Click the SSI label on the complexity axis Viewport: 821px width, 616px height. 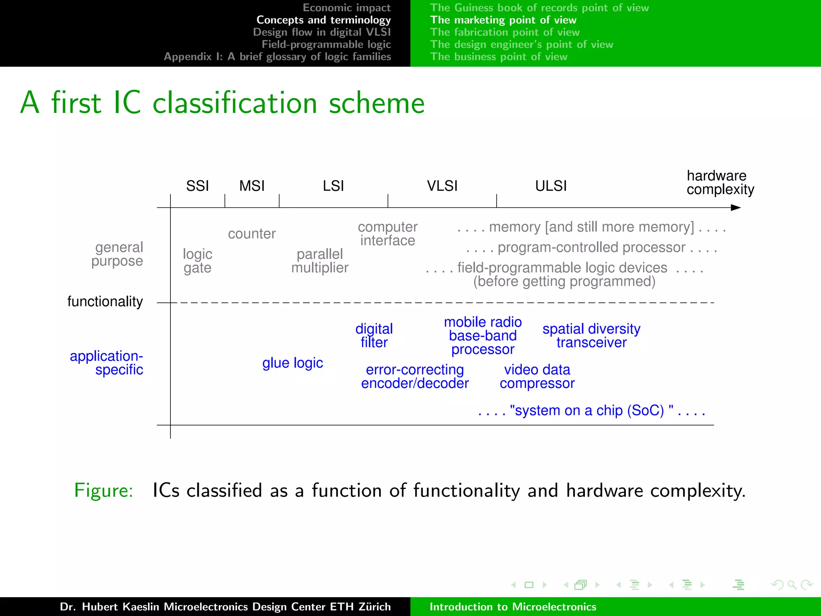pyautogui.click(x=197, y=186)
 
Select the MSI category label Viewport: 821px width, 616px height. pyautogui.click(x=252, y=186)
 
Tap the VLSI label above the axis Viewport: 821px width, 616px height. pyautogui.click(x=442, y=186)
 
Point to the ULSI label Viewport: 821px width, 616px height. pyautogui.click(x=551, y=186)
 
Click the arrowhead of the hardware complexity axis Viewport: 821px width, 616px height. pyautogui.click(x=736, y=207)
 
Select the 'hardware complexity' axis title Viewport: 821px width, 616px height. pyautogui.click(x=720, y=182)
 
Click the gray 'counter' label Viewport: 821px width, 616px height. pyautogui.click(x=252, y=233)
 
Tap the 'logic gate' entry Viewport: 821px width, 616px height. pyautogui.click(x=197, y=261)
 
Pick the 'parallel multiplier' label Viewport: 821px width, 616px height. pyautogui.click(x=320, y=261)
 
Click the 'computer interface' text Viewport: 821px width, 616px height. pyautogui.click(x=388, y=233)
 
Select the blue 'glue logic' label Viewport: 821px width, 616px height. pyautogui.click(x=293, y=363)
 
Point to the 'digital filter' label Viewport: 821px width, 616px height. pyautogui.click(x=374, y=335)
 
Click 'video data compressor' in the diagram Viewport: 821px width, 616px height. pyautogui.click(x=537, y=376)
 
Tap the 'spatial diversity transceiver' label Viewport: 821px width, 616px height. pyautogui.click(x=591, y=335)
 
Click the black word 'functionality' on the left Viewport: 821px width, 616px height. pyautogui.click(x=105, y=301)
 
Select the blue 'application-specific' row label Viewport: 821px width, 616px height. pyautogui.click(x=107, y=363)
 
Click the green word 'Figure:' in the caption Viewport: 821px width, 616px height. pyautogui.click(x=103, y=490)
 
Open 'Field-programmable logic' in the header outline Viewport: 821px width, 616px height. pyautogui.click(x=326, y=44)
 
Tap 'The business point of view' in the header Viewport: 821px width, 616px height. pyautogui.click(x=499, y=57)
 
